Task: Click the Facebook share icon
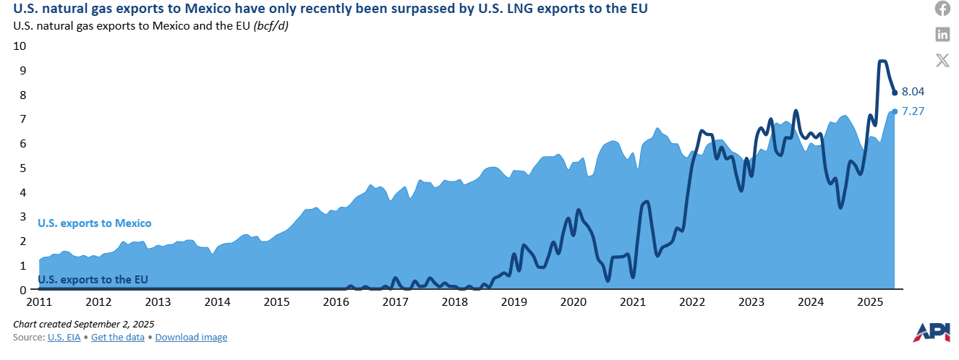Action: click(942, 9)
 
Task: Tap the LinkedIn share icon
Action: click(942, 34)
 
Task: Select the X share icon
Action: click(942, 60)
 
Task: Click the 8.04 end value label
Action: click(913, 92)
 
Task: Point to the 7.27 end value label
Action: click(913, 111)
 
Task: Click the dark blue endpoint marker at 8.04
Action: click(895, 93)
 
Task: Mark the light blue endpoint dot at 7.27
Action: click(895, 111)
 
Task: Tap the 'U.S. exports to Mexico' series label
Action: click(94, 223)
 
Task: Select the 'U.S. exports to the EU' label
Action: click(95, 280)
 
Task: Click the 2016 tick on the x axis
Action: click(336, 301)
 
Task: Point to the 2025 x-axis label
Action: click(870, 301)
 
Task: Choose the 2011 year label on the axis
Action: click(39, 301)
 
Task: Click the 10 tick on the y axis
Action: click(20, 46)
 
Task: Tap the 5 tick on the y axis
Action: click(23, 168)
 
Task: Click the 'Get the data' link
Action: click(119, 337)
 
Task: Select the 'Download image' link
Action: click(191, 337)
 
